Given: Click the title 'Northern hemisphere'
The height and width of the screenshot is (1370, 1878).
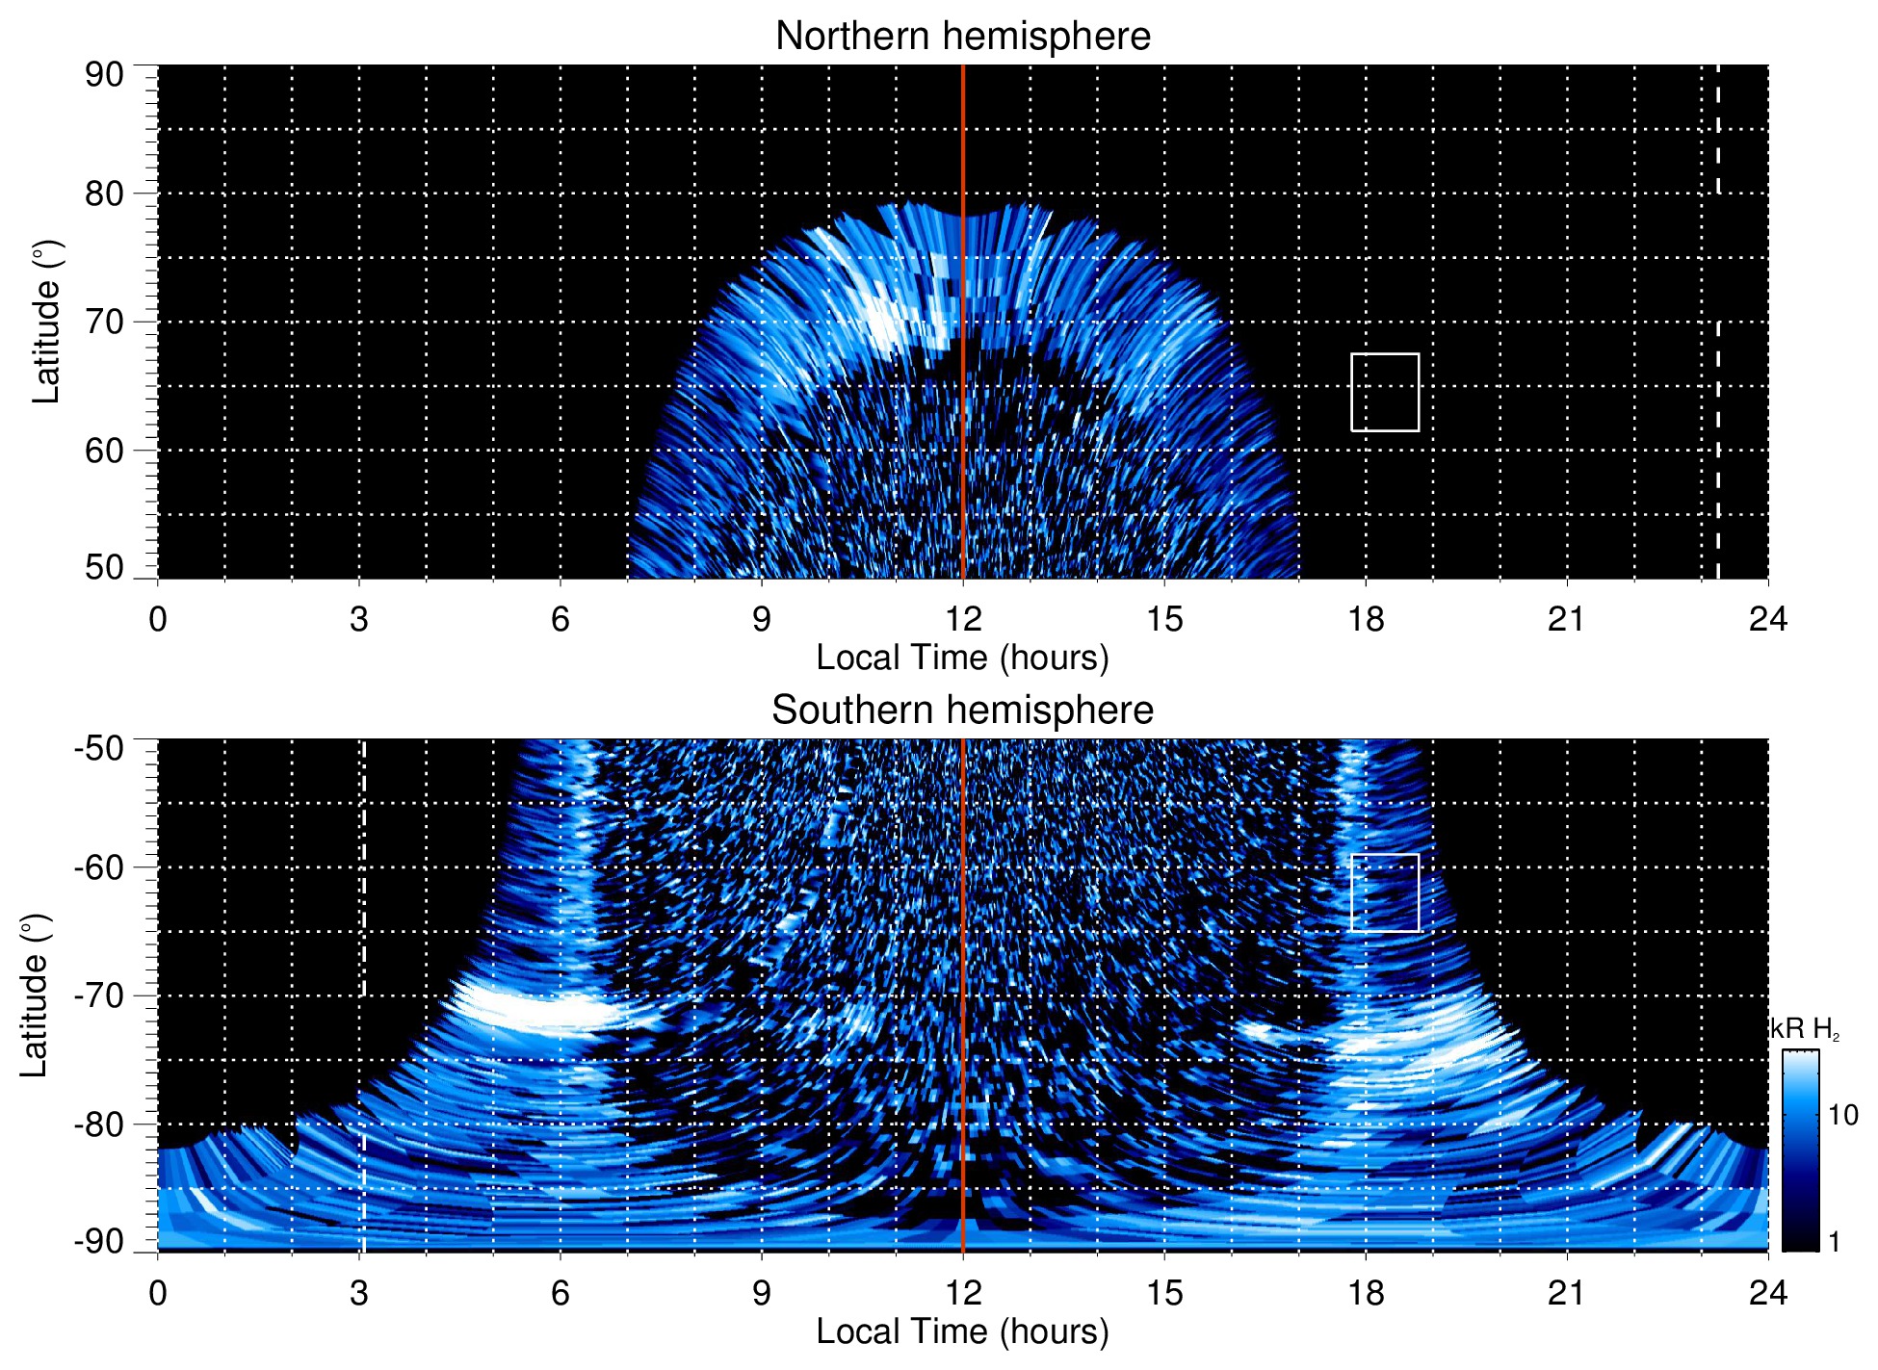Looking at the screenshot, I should pos(962,37).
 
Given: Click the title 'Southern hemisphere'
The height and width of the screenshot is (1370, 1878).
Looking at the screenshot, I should pos(962,711).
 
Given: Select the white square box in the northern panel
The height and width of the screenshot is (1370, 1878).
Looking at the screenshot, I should pos(1385,393).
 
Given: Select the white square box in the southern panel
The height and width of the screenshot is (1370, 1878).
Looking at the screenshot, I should pos(1385,892).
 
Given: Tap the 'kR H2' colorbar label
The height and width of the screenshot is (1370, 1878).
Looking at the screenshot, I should pos(1804,1029).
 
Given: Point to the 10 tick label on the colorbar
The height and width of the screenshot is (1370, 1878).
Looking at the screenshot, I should pos(1842,1115).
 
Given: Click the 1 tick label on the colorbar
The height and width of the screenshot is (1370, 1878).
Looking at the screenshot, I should pos(1834,1241).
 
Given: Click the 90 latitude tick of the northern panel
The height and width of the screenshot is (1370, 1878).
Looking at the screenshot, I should pos(104,75).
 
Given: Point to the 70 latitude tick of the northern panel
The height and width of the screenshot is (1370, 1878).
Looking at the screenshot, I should pos(104,322).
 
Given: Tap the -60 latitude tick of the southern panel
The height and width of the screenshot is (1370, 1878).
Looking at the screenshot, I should pos(99,866).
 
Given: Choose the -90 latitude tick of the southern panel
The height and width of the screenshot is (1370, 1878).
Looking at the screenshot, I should pos(99,1241).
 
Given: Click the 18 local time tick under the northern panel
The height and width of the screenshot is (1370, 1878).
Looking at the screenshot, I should pos(1366,618).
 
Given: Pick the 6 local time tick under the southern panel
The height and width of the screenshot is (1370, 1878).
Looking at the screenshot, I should pos(561,1292).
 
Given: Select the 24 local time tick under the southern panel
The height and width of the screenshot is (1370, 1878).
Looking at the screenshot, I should pos(1767,1292).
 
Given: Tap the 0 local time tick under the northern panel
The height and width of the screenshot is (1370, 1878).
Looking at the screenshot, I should pos(158,618).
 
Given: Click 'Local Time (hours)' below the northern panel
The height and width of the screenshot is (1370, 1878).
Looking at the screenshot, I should pos(962,658).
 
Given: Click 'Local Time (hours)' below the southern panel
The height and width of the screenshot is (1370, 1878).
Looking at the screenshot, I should pos(962,1331).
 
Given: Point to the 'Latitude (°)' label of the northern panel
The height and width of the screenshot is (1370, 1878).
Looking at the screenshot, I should pos(46,322).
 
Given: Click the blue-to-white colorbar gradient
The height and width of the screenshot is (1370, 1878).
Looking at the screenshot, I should pos(1800,1150).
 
